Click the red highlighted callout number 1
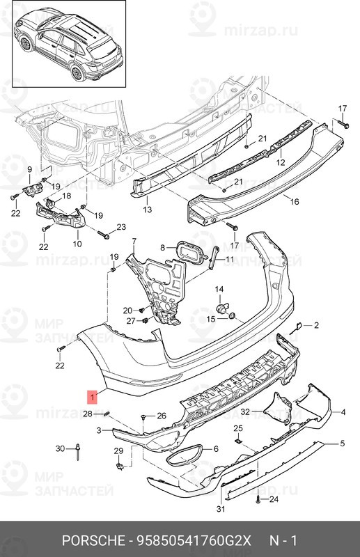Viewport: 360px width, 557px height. click(x=93, y=397)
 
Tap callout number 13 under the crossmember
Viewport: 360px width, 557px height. click(x=147, y=209)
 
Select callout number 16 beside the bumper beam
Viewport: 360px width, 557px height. click(x=295, y=201)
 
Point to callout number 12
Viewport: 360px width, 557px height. click(x=281, y=162)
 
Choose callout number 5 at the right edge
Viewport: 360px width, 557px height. click(x=342, y=443)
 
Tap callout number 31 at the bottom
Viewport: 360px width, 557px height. click(x=221, y=509)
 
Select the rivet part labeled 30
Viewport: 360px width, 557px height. click(x=78, y=450)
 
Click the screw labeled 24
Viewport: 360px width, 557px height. click(x=258, y=500)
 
